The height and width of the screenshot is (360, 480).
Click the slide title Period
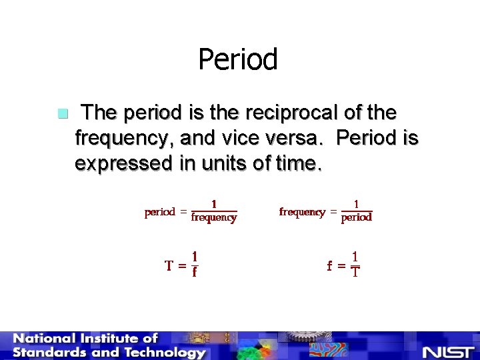pyautogui.click(x=238, y=59)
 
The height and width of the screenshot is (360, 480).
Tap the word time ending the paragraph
pyautogui.click(x=297, y=163)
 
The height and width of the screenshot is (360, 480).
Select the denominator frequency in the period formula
pyautogui.click(x=214, y=217)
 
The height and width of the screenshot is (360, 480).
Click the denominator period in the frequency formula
pyautogui.click(x=357, y=217)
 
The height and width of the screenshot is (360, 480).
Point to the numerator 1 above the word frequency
pyautogui.click(x=213, y=205)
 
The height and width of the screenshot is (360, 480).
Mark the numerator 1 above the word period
pyautogui.click(x=356, y=205)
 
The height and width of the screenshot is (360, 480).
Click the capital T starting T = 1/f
pyautogui.click(x=170, y=265)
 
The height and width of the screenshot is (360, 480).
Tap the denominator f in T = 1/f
pyautogui.click(x=194, y=272)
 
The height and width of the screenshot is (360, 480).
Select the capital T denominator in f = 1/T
pyautogui.click(x=356, y=272)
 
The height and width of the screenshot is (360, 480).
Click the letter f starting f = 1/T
pyautogui.click(x=329, y=265)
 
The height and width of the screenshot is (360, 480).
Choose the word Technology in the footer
pyautogui.click(x=160, y=353)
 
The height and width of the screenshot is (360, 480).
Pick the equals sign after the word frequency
pyautogui.click(x=332, y=212)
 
